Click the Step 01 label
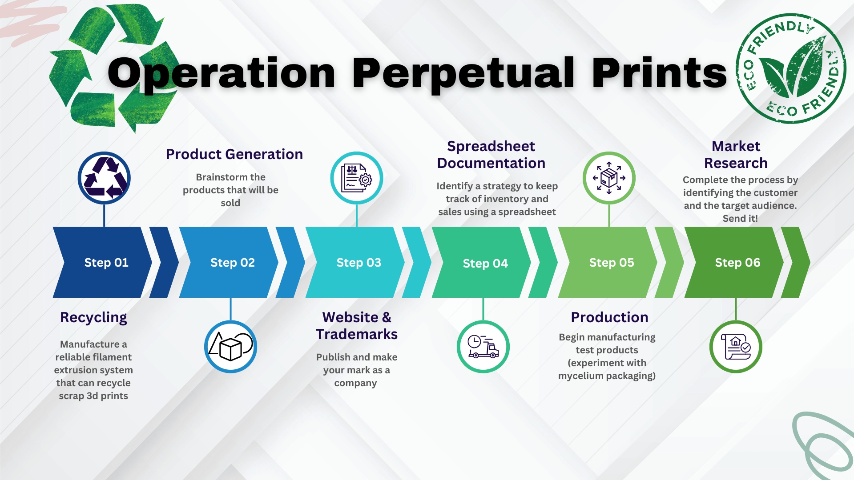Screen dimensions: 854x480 (106, 263)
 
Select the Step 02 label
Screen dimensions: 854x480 (233, 263)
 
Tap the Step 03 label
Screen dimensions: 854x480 (359, 263)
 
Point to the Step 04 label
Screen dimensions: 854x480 (485, 264)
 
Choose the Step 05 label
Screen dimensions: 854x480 (612, 263)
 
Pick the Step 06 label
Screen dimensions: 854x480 (737, 263)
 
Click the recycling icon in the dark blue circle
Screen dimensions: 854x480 (104, 178)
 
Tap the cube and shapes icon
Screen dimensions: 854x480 (230, 347)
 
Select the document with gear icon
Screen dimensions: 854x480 (357, 178)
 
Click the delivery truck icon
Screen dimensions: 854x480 (483, 347)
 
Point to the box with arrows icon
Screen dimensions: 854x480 (609, 178)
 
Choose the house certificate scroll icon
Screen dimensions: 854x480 (736, 347)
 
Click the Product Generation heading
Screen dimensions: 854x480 (234, 154)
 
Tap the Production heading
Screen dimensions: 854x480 (609, 317)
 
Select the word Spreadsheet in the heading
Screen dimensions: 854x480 (491, 146)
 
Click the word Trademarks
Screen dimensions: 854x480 (357, 334)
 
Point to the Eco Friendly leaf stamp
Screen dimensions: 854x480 (791, 68)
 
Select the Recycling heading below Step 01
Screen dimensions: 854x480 (93, 318)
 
